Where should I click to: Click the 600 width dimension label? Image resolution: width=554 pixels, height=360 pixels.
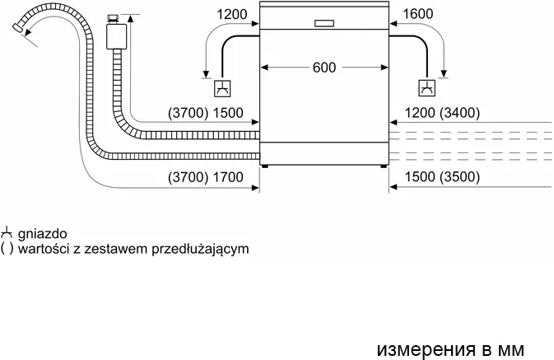coord(324,68)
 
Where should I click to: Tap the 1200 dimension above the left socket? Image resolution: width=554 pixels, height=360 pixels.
coord(231,14)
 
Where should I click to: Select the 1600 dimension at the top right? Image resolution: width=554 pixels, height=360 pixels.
coord(417,14)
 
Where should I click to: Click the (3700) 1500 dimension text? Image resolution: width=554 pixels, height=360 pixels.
coord(206,113)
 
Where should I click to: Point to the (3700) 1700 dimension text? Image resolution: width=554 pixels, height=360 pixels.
coord(206,177)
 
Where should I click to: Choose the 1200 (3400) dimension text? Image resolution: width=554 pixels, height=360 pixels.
coord(442,113)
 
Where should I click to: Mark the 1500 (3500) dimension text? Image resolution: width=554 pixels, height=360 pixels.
coord(442,176)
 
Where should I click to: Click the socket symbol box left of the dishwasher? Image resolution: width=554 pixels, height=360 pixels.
coord(222,88)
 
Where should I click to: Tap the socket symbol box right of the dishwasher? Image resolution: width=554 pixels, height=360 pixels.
coord(426,88)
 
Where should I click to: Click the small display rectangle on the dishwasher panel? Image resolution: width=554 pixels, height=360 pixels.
coord(324,23)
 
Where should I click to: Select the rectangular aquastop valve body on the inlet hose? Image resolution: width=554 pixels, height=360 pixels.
coord(116,36)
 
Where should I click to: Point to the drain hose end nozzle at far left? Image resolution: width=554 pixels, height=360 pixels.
coord(17,28)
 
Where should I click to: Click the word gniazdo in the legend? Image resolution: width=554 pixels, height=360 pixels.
coord(43,234)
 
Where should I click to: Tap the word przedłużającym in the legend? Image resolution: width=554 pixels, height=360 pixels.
coord(200,249)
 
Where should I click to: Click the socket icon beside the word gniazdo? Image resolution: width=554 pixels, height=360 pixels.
coord(7,232)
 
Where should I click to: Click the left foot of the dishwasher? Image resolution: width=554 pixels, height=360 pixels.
coord(264,166)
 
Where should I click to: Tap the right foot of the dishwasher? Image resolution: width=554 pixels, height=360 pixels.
coord(384,166)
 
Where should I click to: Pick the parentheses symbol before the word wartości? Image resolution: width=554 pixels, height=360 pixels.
coord(7,249)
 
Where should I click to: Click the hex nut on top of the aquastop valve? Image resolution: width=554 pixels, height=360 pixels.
coord(114,18)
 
